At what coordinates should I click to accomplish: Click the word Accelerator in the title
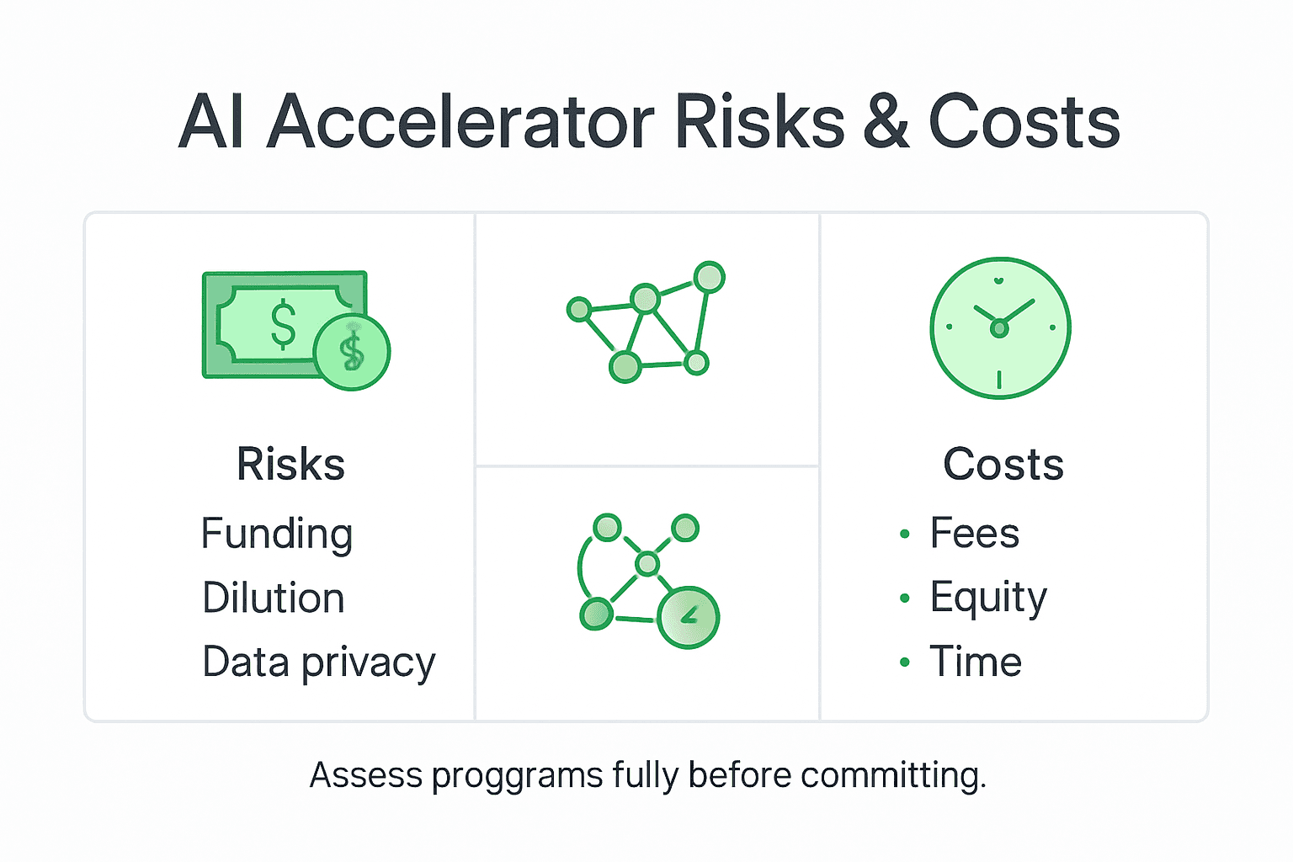pyautogui.click(x=460, y=123)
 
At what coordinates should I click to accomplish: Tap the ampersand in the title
pyautogui.click(x=886, y=123)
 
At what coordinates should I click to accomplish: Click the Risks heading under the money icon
pyautogui.click(x=290, y=464)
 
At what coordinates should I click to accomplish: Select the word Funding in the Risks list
pyautogui.click(x=277, y=535)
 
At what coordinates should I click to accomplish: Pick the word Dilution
pyautogui.click(x=274, y=599)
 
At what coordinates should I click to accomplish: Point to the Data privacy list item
pyautogui.click(x=319, y=662)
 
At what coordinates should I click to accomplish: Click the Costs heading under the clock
pyautogui.click(x=1003, y=464)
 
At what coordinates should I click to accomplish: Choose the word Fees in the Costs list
pyautogui.click(x=975, y=534)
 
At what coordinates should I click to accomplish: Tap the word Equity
pyautogui.click(x=988, y=599)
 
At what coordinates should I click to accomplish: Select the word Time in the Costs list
pyautogui.click(x=976, y=662)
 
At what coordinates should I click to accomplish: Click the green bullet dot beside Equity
pyautogui.click(x=905, y=599)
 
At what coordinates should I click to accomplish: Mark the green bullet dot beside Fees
pyautogui.click(x=905, y=534)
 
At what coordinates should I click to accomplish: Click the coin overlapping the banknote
pyautogui.click(x=352, y=352)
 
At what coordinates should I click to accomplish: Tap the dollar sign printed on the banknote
pyautogui.click(x=284, y=324)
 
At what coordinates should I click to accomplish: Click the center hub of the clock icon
pyautogui.click(x=999, y=328)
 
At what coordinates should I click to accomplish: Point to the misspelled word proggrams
pyautogui.click(x=517, y=775)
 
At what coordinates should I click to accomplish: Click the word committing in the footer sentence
pyautogui.click(x=892, y=775)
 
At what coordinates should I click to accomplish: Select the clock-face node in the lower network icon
pyautogui.click(x=688, y=617)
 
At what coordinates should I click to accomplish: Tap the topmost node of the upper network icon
pyautogui.click(x=710, y=277)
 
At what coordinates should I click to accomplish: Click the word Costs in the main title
pyautogui.click(x=1024, y=123)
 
